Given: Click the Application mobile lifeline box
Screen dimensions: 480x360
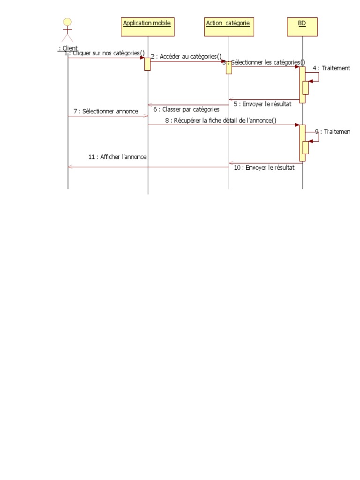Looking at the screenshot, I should (148, 27).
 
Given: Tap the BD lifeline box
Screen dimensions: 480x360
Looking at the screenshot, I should (302, 27).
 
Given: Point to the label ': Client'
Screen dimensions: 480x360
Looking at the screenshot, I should (68, 48).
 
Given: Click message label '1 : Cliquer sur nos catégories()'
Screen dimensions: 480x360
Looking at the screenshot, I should (105, 53).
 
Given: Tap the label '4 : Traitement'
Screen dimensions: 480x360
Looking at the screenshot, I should (331, 68).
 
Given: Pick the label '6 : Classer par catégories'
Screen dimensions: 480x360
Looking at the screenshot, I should (186, 109).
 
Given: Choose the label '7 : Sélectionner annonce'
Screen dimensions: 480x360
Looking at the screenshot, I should (106, 111).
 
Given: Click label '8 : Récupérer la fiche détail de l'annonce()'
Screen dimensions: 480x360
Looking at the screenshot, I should (220, 120).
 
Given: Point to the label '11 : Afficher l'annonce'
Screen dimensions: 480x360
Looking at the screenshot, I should (118, 157).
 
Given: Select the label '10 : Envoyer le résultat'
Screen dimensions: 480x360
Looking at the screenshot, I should (264, 167).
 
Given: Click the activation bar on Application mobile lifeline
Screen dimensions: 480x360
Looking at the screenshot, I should (148, 64).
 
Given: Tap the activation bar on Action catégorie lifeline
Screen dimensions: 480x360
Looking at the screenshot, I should (229, 67).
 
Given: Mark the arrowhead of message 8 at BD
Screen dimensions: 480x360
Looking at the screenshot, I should (297, 125).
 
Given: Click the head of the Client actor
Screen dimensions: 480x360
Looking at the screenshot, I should (68, 22).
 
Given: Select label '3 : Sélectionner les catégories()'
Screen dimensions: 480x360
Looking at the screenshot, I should (263, 62).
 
